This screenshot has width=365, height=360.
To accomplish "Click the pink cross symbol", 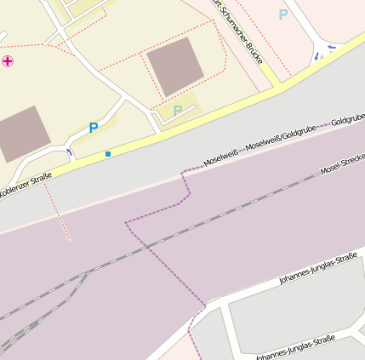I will pos(8,61).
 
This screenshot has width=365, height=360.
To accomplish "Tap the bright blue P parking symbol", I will pos(94,128).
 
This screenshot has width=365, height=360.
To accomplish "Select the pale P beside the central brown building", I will pos(177,111).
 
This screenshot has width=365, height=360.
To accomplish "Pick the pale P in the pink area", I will pos(283,14).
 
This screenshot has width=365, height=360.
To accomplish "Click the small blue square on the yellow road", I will pos(108,154).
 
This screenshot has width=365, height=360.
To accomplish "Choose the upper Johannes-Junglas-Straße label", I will pos(317,268).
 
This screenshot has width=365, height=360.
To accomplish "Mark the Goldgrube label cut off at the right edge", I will pos(348,122).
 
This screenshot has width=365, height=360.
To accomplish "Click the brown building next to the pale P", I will pos(175,66).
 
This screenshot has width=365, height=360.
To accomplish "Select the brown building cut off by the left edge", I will pos(19,133).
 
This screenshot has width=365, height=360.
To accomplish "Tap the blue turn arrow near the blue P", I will pos(69,151).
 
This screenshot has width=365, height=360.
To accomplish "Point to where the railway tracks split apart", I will pos(85,273).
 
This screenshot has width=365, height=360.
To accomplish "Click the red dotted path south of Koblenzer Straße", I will pos(57,212).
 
